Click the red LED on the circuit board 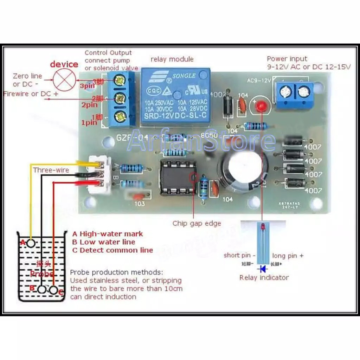tap(261, 105)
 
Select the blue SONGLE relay tap(175, 97)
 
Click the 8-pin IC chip tap(177, 178)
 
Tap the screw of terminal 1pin tap(121, 115)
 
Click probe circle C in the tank tap(53, 290)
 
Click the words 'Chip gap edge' tap(197, 223)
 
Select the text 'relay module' tap(172, 59)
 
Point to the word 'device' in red tap(64, 64)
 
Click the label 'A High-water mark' tap(108, 234)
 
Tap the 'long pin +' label tap(288, 256)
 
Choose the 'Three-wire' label tap(51, 170)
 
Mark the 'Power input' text tap(287, 59)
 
